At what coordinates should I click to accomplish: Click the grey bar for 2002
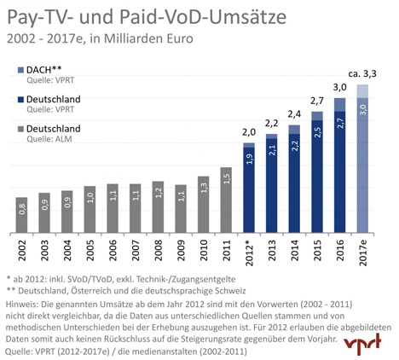tap(21, 215)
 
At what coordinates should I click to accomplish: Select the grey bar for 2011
tap(226, 200)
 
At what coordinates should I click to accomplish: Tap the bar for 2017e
tap(362, 159)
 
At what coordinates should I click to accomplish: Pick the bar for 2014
tap(294, 179)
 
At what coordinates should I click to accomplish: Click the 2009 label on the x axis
tap(181, 250)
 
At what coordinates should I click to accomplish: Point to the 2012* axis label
tap(249, 253)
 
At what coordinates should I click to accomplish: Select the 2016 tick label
tap(340, 250)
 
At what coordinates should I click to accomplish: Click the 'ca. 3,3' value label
tap(362, 74)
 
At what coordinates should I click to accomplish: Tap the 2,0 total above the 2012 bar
tap(249, 132)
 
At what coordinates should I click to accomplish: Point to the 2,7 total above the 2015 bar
tap(317, 101)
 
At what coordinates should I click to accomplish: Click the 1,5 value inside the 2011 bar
tap(227, 178)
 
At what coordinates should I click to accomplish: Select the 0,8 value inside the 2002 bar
tap(22, 209)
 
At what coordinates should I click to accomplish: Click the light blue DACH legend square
tap(20, 70)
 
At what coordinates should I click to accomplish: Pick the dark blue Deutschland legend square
tap(20, 100)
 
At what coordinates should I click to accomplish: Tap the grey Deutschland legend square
tap(20, 129)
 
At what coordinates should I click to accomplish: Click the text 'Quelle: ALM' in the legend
tap(49, 139)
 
